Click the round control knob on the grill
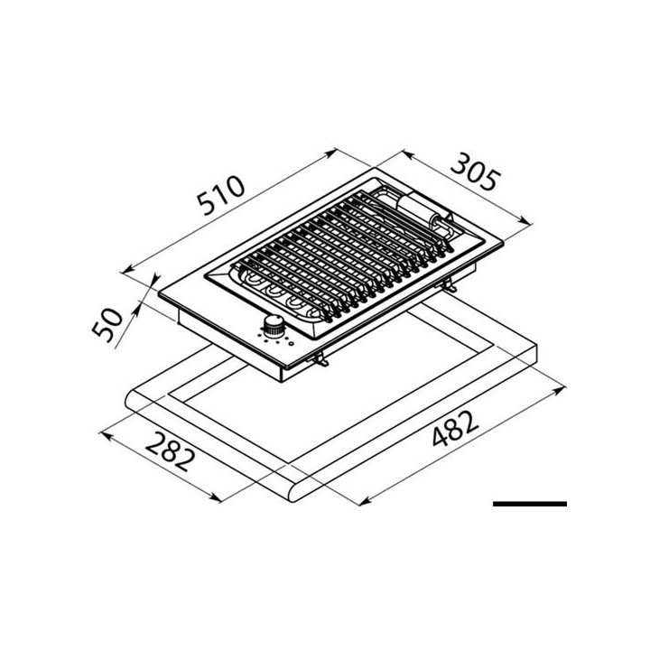point(274,327)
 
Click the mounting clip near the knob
point(317,359)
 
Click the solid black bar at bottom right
point(530,503)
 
